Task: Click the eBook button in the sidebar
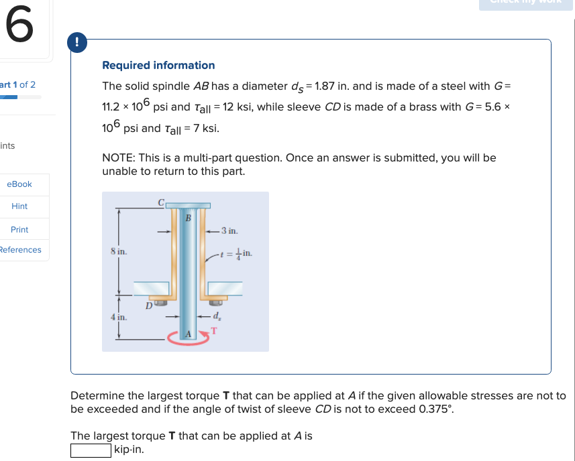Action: click(x=19, y=184)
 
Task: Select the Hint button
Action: click(x=19, y=206)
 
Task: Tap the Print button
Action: click(x=19, y=229)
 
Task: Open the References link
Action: click(x=20, y=250)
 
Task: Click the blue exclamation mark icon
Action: click(x=79, y=42)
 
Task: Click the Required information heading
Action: click(x=158, y=65)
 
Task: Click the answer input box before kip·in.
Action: click(x=91, y=450)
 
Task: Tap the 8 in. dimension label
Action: click(x=119, y=251)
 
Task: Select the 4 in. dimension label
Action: click(x=119, y=318)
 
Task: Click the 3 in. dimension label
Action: click(x=229, y=231)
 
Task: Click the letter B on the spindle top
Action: click(x=188, y=217)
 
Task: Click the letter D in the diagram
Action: click(x=149, y=306)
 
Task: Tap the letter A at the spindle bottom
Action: click(x=188, y=333)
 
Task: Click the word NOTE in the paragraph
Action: click(x=118, y=158)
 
